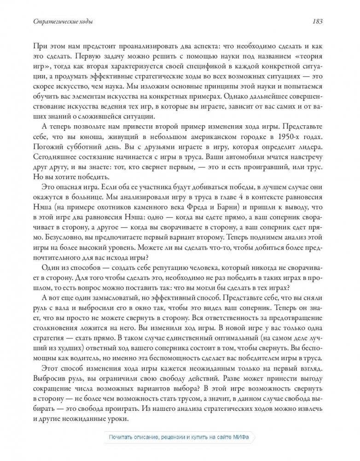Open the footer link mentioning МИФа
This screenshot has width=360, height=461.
click(x=179, y=437)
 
